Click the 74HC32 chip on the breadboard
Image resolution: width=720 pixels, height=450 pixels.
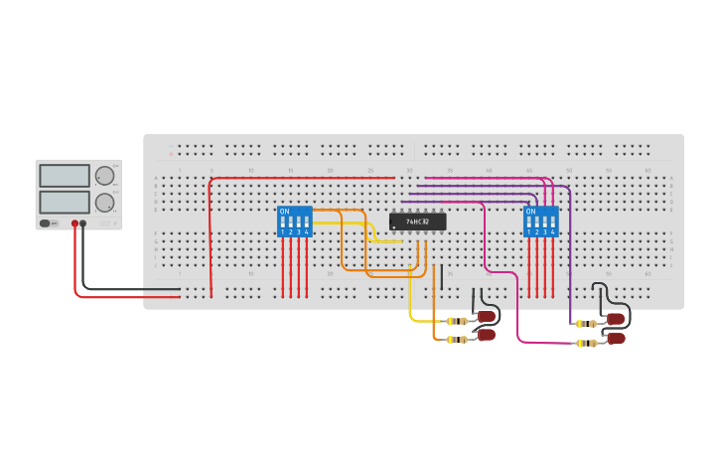coord(417,222)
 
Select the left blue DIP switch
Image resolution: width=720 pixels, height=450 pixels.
coord(294,222)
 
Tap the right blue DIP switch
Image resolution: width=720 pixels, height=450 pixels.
coord(540,222)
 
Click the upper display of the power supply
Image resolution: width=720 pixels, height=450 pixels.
coord(65,176)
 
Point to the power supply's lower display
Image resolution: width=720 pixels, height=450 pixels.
coord(65,202)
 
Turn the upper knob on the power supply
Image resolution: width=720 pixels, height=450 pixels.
coord(104,176)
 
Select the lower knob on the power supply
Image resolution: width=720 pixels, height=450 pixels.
coord(104,203)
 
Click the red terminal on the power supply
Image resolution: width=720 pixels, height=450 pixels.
coord(74,224)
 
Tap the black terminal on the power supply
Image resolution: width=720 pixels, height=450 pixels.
coord(83,224)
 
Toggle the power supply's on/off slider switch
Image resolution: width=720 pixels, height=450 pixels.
coord(47,224)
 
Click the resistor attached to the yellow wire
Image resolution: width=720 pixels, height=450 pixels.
coord(457,321)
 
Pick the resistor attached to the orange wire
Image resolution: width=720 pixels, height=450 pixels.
coord(457,340)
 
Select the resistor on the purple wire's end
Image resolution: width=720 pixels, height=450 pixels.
coord(587,323)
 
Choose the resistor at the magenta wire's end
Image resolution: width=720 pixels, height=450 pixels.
coord(587,343)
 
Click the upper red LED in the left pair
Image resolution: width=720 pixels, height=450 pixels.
coord(487,317)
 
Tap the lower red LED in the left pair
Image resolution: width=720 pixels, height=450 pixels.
coord(487,336)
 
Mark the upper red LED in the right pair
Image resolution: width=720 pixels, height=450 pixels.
coord(616,319)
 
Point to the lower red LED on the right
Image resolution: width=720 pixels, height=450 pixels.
coord(616,339)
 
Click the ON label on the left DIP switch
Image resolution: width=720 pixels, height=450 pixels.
coord(284,212)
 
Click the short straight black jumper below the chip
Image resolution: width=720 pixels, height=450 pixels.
coord(441,276)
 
